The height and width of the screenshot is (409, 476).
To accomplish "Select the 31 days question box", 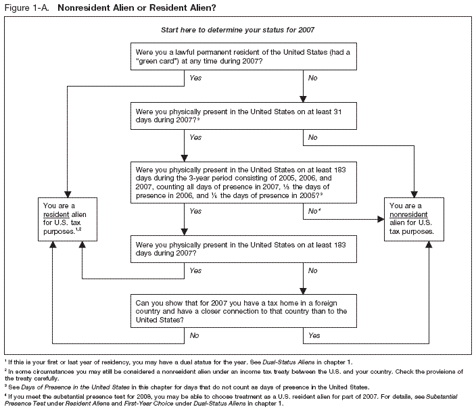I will tap(244, 115).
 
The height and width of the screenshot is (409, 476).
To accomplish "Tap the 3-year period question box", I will tap(244, 181).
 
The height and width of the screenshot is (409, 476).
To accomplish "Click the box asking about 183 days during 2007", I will tap(244, 247).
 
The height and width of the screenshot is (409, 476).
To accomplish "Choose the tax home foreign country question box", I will tap(244, 311).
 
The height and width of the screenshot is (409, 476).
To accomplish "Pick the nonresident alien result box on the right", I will tap(414, 220).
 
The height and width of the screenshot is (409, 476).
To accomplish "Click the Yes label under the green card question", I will tap(195, 78).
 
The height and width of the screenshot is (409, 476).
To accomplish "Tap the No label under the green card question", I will tap(313, 78).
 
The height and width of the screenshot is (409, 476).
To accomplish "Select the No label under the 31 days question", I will tap(313, 137).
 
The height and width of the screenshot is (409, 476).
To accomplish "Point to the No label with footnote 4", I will tap(314, 212).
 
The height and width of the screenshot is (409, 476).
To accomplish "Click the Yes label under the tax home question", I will tap(314, 335).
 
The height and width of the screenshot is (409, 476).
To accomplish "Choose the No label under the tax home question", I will tap(195, 335).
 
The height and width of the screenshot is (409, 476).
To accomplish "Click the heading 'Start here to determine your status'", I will tap(237, 30).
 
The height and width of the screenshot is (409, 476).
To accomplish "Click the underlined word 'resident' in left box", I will tap(56, 215).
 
